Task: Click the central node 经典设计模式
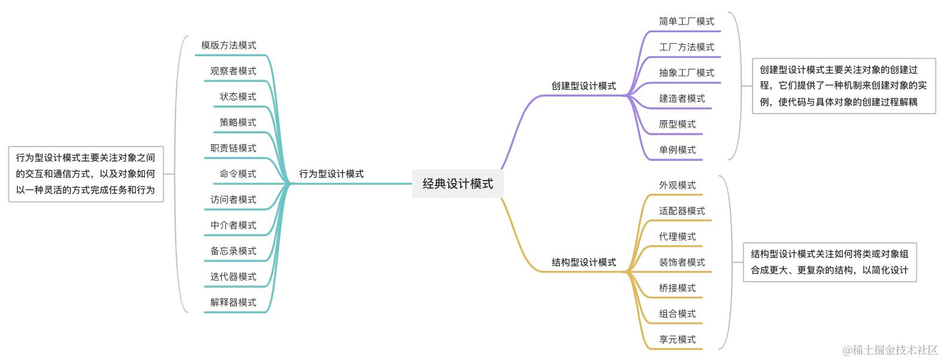(x=457, y=184)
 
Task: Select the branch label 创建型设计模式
(x=584, y=86)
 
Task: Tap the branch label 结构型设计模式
(x=584, y=263)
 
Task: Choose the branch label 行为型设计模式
(x=331, y=173)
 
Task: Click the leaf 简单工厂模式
(x=686, y=22)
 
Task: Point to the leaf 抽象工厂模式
(x=686, y=73)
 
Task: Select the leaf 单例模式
(x=677, y=150)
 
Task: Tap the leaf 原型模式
(x=677, y=124)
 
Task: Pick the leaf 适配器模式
(x=681, y=210)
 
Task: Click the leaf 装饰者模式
(x=681, y=263)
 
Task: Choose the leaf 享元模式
(x=677, y=340)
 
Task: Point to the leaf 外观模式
(x=677, y=185)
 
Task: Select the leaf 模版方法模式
(x=228, y=45)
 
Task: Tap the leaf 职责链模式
(x=233, y=148)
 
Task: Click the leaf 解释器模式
(x=233, y=303)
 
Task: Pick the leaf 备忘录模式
(x=233, y=251)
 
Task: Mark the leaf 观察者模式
(x=233, y=71)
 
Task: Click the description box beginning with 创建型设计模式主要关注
(x=843, y=86)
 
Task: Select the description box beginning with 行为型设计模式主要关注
(x=86, y=173)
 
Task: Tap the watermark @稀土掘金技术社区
(x=890, y=350)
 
